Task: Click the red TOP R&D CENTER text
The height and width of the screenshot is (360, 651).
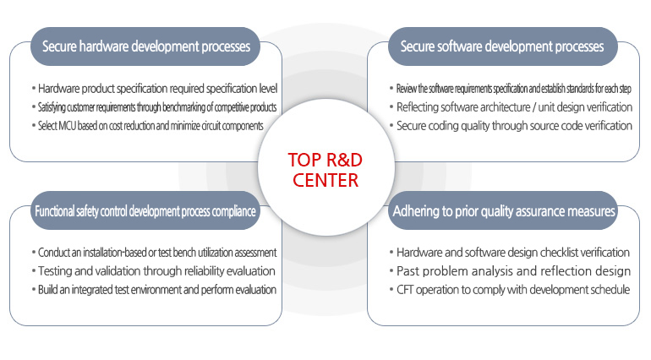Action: [x=323, y=170]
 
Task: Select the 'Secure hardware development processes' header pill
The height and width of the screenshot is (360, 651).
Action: [x=145, y=46]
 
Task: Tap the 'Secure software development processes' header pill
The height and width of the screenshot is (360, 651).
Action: [x=502, y=46]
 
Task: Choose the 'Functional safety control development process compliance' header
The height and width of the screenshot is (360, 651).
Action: [x=145, y=211]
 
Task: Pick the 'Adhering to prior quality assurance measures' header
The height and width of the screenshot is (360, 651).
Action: [x=503, y=211]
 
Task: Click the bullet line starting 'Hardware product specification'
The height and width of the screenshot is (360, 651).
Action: [x=157, y=88]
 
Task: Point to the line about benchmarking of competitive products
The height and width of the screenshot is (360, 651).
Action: [x=157, y=106]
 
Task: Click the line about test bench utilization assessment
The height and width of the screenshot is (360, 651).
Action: [x=157, y=253]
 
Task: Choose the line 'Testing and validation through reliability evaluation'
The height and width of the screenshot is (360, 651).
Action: [x=157, y=271]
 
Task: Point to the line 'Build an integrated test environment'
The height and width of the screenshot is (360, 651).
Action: [x=157, y=290]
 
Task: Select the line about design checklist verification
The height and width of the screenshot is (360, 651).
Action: [x=512, y=253]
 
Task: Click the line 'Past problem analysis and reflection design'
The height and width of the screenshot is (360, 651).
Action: [x=512, y=271]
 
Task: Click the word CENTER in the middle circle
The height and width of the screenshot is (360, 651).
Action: [x=323, y=180]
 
